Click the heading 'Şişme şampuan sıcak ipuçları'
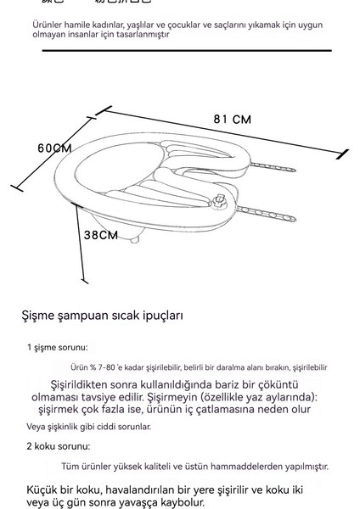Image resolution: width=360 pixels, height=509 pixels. [100, 316]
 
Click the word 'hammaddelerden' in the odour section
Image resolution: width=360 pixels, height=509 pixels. [252, 466]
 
